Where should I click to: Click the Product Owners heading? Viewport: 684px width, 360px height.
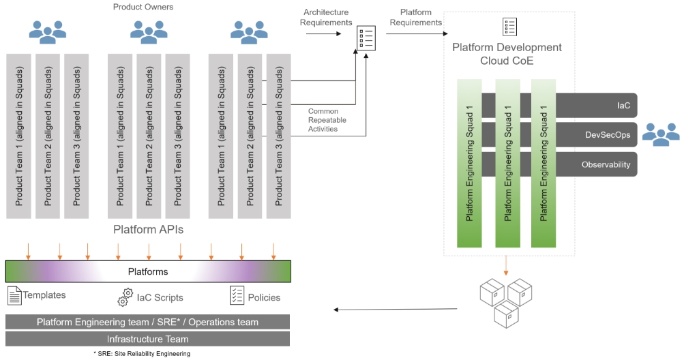point(143,7)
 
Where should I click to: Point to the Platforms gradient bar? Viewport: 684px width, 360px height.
point(148,271)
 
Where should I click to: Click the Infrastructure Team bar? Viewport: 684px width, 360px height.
point(148,339)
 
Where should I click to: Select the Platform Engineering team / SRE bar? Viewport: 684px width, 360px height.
point(148,322)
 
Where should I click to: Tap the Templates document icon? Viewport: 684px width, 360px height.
point(14,296)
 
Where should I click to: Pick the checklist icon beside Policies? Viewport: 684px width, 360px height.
point(237,296)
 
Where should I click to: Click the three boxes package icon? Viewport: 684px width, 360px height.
point(506,301)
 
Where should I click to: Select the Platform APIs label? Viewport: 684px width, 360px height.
point(148,230)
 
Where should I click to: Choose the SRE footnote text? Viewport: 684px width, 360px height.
point(142,354)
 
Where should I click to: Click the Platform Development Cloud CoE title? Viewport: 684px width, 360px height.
point(507,54)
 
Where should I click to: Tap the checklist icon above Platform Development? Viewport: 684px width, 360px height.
point(509,27)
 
